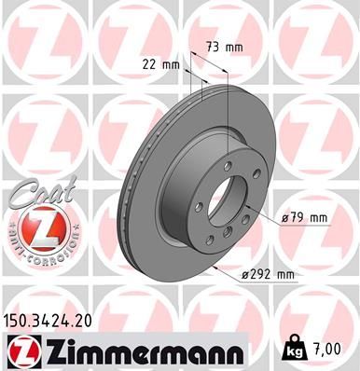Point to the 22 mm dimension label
point(162,65)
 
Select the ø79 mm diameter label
point(305,218)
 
